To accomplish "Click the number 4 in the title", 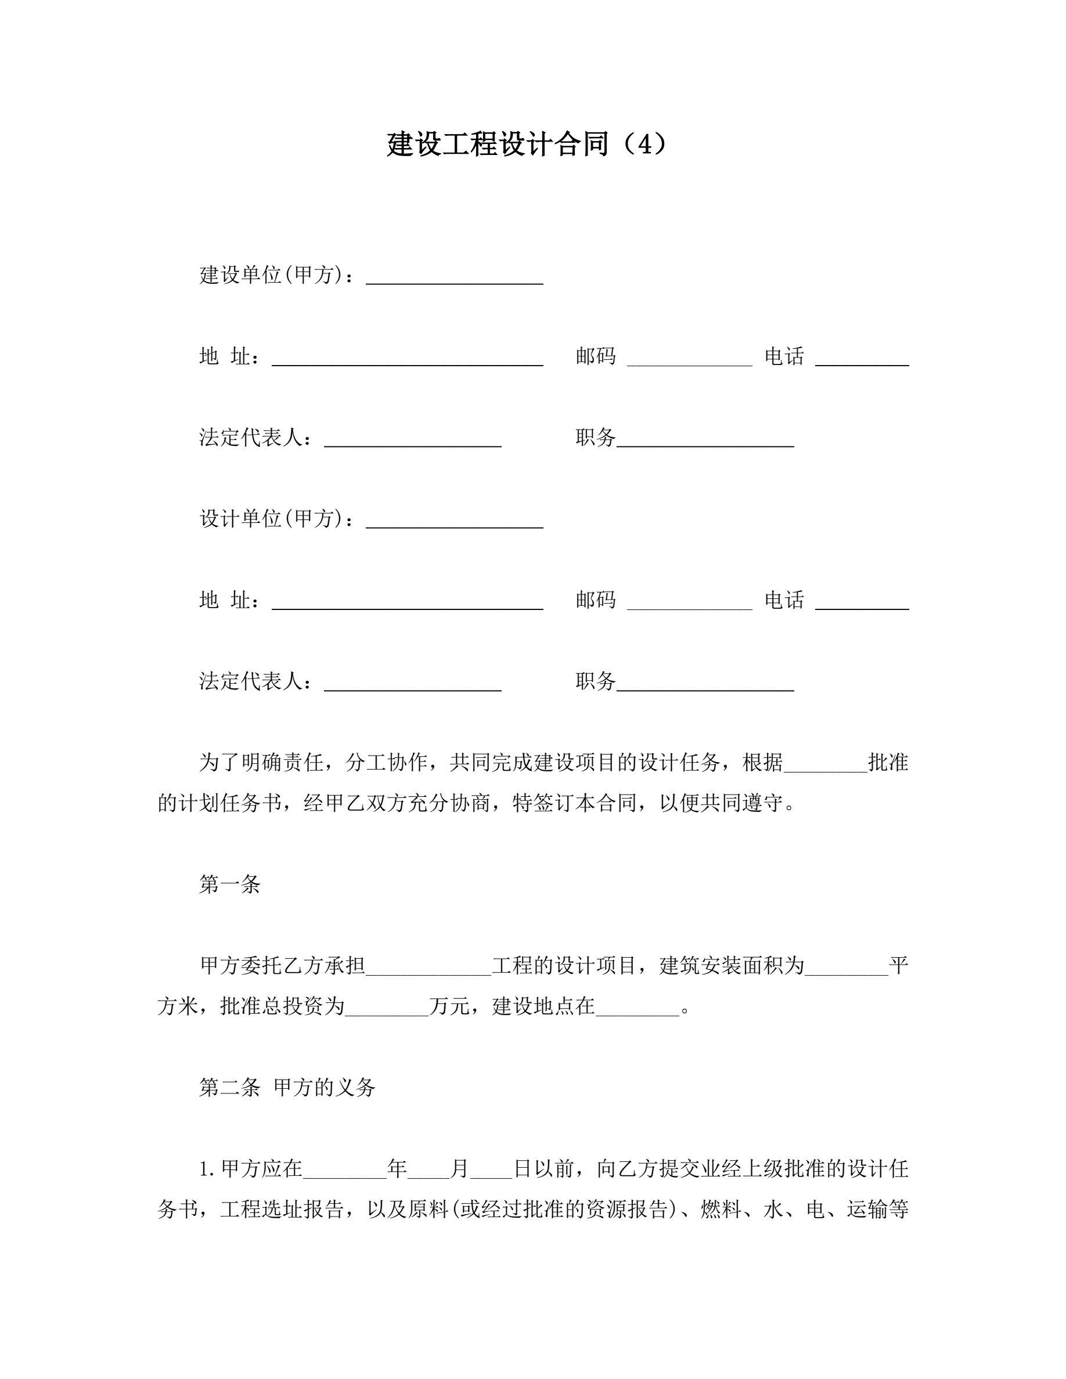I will [643, 145].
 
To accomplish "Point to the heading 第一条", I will [230, 885].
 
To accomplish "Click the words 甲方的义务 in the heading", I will [325, 1087].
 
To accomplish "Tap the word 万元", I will [449, 1006].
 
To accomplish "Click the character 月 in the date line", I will [459, 1169].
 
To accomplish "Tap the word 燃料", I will [721, 1209].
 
